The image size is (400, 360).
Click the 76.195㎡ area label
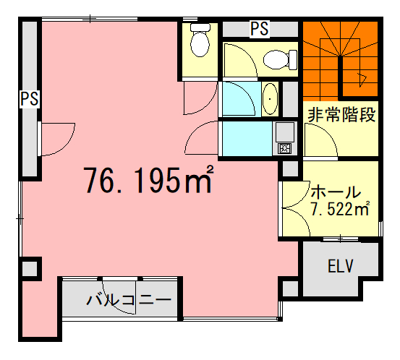[149, 180]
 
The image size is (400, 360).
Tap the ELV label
[340, 266]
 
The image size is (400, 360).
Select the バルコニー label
[128, 300]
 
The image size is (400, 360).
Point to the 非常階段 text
[341, 115]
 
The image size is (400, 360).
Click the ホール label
[336, 192]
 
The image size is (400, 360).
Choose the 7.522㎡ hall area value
[339, 210]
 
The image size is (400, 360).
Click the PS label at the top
[260, 29]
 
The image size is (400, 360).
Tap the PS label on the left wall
[30, 98]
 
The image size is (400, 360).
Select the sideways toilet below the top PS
[280, 60]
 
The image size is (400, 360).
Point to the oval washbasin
[270, 99]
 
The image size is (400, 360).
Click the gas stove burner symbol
[284, 148]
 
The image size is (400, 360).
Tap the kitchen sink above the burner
[284, 132]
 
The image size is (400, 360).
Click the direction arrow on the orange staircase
[362, 80]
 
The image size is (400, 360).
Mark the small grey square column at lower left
[30, 269]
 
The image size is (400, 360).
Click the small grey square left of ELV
[290, 288]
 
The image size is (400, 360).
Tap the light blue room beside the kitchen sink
[247, 139]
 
